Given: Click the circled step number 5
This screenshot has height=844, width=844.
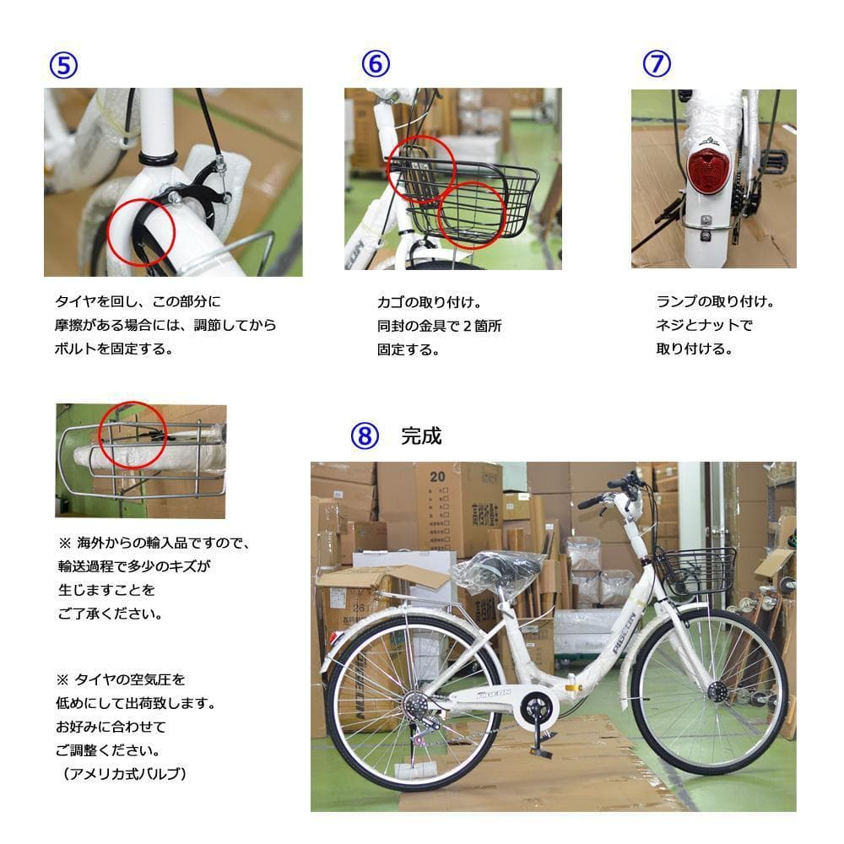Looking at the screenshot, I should click(63, 65).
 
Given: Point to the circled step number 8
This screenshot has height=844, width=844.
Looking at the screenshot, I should click(364, 436).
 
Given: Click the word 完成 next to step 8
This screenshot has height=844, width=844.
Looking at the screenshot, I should click(421, 436).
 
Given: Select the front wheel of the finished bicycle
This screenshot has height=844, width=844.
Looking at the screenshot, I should click(708, 692).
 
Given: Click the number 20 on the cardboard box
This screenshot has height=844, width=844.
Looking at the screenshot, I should click(437, 475).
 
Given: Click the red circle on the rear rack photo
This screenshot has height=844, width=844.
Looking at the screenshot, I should click(133, 436).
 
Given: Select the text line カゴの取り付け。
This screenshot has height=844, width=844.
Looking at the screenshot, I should click(429, 302).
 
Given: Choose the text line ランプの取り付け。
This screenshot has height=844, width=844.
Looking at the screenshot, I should click(715, 301).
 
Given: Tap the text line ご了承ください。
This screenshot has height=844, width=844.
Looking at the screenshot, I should click(111, 614).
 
